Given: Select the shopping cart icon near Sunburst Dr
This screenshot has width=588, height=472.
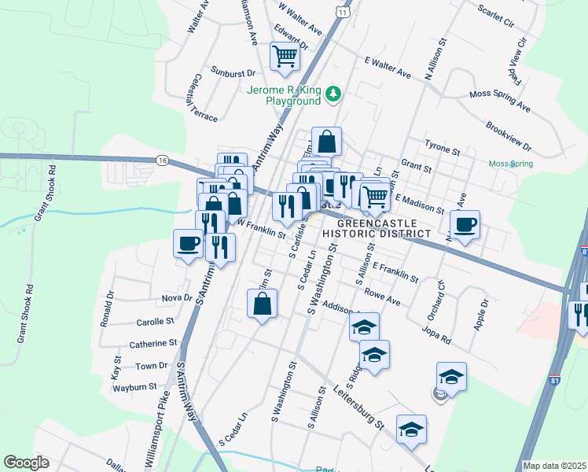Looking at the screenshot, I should [284, 56].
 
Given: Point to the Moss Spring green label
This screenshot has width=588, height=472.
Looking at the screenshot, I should [510, 164].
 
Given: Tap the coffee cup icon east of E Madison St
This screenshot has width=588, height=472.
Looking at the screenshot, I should [465, 226].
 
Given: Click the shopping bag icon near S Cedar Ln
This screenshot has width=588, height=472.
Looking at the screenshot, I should [262, 304].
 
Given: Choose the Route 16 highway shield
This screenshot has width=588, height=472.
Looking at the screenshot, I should [162, 160].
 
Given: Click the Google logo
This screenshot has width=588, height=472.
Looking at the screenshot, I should [26, 463].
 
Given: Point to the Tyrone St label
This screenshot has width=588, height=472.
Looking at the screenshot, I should [442, 147].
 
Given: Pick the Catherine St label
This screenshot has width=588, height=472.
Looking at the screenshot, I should [153, 343].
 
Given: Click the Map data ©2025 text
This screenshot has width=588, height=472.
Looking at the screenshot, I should [555, 466].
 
